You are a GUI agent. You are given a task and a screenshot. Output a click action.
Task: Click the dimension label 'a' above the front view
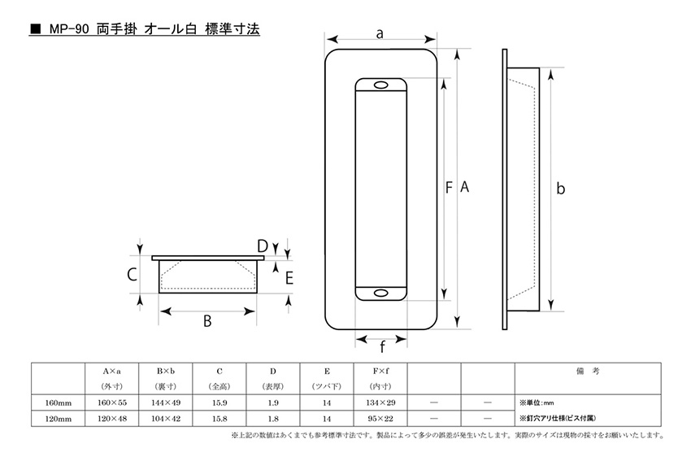[x=379, y=33]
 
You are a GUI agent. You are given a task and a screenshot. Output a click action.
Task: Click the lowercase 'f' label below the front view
[x=381, y=347]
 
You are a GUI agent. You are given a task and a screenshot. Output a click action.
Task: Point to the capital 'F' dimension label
[x=449, y=188]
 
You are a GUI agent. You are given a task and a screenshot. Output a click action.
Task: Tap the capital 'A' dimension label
[x=465, y=188]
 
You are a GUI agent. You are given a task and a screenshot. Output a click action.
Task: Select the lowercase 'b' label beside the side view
[x=560, y=189]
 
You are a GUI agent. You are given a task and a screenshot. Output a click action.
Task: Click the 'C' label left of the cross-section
[x=131, y=275]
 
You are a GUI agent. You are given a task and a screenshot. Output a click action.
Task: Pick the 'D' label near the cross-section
[x=262, y=246]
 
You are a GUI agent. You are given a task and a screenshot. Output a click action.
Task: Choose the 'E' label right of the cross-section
[x=289, y=277]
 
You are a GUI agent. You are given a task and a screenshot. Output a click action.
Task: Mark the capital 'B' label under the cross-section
[x=207, y=320]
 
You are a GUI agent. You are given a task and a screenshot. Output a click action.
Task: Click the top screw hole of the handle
[x=380, y=85]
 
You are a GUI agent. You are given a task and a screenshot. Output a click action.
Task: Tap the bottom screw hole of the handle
[x=380, y=293]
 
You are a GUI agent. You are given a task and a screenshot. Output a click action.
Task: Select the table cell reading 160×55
[x=111, y=402]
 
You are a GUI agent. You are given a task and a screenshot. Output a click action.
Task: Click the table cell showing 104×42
[x=165, y=418]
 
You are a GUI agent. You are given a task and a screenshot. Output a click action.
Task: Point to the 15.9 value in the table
[x=219, y=402]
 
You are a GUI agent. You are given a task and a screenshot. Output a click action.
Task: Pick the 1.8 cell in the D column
[x=272, y=418]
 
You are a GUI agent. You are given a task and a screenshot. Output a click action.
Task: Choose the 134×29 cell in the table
[x=380, y=402]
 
